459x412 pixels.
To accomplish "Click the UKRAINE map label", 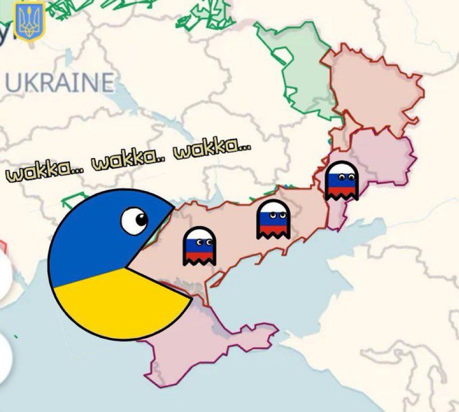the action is click(x=60, y=82).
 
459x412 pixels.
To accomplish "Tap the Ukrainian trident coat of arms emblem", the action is click(x=30, y=22).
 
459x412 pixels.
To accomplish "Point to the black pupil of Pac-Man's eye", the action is click(x=141, y=219).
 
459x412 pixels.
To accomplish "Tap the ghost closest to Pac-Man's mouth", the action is click(x=200, y=246).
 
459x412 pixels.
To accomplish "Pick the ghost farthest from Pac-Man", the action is click(x=341, y=180).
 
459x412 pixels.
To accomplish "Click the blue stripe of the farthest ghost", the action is click(x=341, y=183).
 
